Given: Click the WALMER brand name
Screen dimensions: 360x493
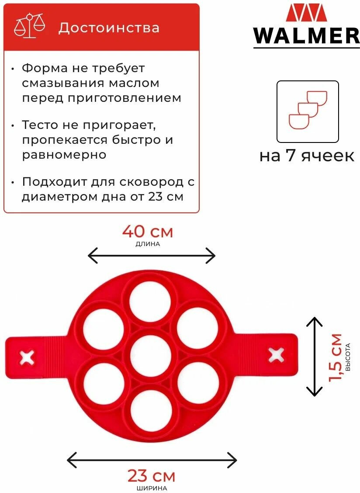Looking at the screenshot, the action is click(x=306, y=36).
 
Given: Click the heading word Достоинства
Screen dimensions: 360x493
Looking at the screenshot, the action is click(x=109, y=28).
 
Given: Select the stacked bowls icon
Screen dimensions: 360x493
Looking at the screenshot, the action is click(x=308, y=110).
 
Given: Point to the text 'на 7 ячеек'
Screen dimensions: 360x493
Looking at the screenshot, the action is click(x=307, y=156).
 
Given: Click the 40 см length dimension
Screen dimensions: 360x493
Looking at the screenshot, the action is click(x=148, y=232).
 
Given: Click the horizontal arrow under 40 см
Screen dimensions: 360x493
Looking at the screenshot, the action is click(x=152, y=255).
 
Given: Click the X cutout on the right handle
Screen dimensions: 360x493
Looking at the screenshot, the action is click(x=276, y=354).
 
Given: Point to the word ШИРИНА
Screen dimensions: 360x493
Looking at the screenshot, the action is click(x=151, y=488).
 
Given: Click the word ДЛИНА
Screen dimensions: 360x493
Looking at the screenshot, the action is click(x=148, y=244).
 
